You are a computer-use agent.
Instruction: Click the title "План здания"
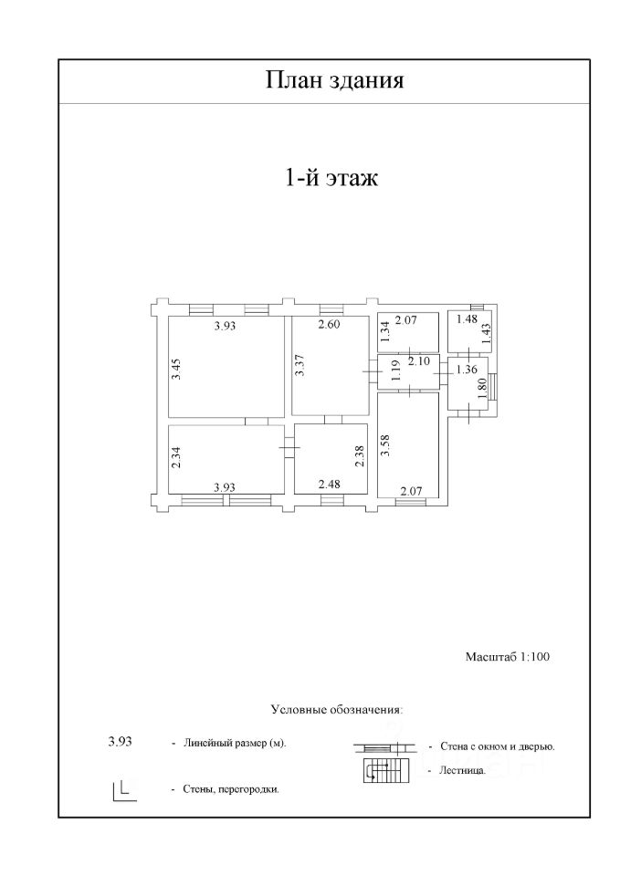point(334,81)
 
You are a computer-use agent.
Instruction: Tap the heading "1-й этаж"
point(332,177)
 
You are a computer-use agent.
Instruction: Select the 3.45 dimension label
point(177,370)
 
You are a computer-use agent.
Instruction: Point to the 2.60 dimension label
point(330,326)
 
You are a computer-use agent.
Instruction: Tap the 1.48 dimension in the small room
point(466,319)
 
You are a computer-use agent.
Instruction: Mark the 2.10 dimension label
point(419,362)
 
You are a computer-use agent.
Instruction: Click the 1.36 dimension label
point(466,370)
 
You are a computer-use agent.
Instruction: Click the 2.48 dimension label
point(329,485)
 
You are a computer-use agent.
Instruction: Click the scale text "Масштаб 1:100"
point(507,656)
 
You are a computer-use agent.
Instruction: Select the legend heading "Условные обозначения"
point(337,708)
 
